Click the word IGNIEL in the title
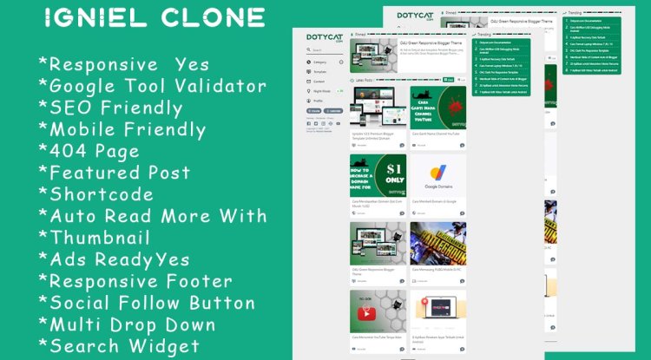(x=95, y=17)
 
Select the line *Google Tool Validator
(x=152, y=87)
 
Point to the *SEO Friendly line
(x=110, y=108)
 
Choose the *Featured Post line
(x=114, y=173)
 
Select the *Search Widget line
(x=119, y=346)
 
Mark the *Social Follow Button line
(x=147, y=303)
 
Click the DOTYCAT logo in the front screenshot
(x=322, y=39)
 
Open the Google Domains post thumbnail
(x=437, y=183)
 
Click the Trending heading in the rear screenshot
(x=575, y=14)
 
